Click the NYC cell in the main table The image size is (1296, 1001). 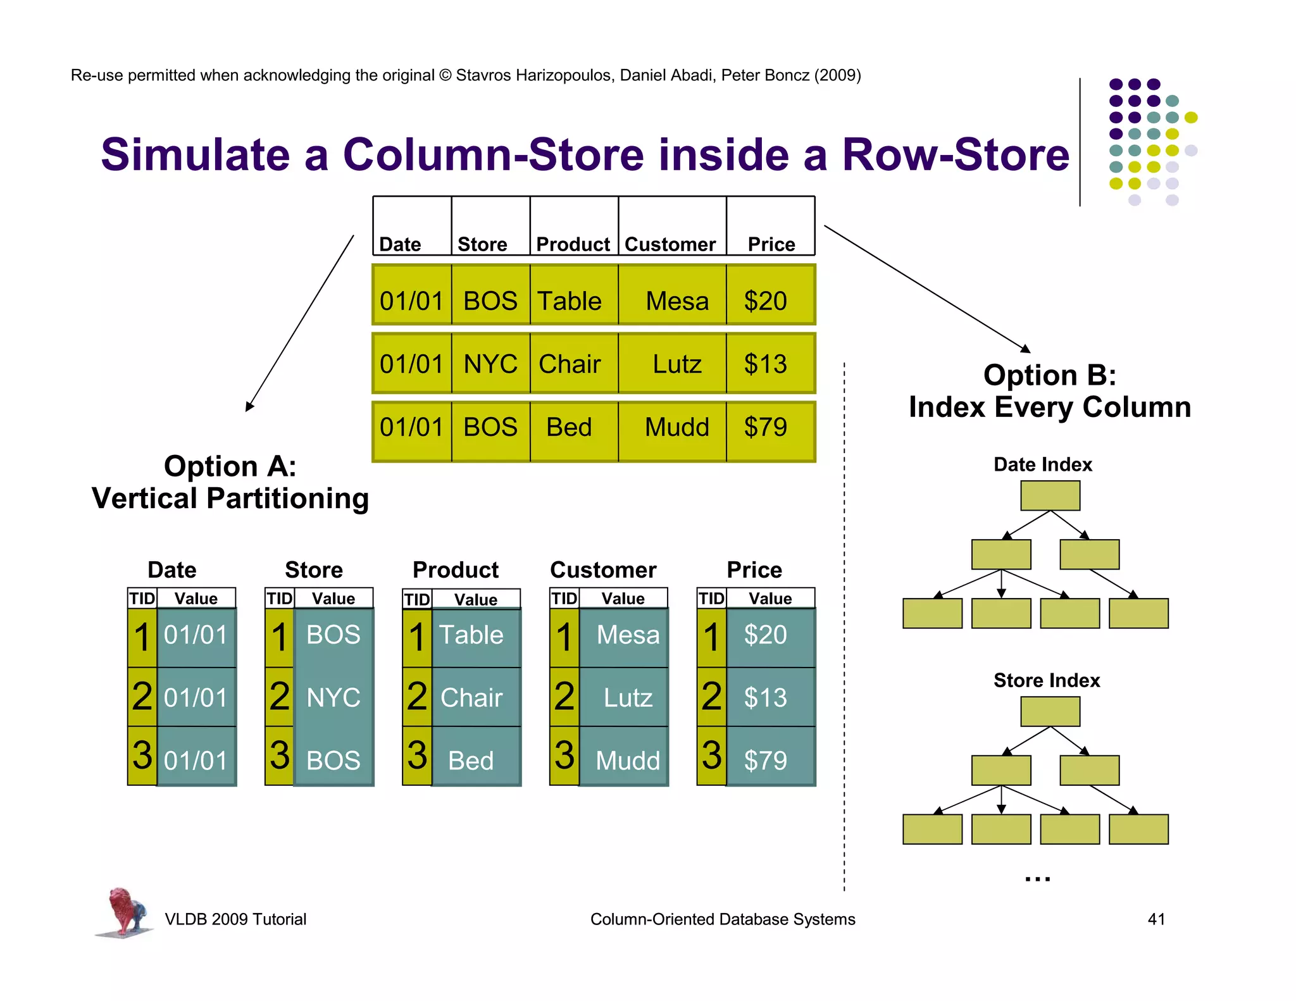coord(490,364)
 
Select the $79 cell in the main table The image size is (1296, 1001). coord(766,427)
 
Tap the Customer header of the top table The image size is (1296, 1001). coord(670,244)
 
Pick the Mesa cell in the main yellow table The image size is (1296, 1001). coord(676,301)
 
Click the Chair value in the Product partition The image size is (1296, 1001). coord(471,698)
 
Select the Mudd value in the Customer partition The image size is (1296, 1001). coord(627,760)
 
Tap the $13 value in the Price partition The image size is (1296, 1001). coord(765,698)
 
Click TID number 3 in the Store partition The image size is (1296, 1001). coord(280,755)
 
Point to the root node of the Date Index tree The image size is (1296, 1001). coord(1050,495)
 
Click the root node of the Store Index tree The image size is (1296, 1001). coord(1050,712)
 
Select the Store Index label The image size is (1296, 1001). coord(1047,680)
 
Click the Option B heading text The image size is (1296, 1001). coord(1049,376)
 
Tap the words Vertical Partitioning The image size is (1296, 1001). coord(230,499)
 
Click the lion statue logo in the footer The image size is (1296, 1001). coord(125,912)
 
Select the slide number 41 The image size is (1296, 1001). coord(1156,919)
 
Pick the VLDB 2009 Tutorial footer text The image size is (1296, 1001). coord(235,919)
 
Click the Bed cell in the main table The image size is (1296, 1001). coord(569,427)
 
